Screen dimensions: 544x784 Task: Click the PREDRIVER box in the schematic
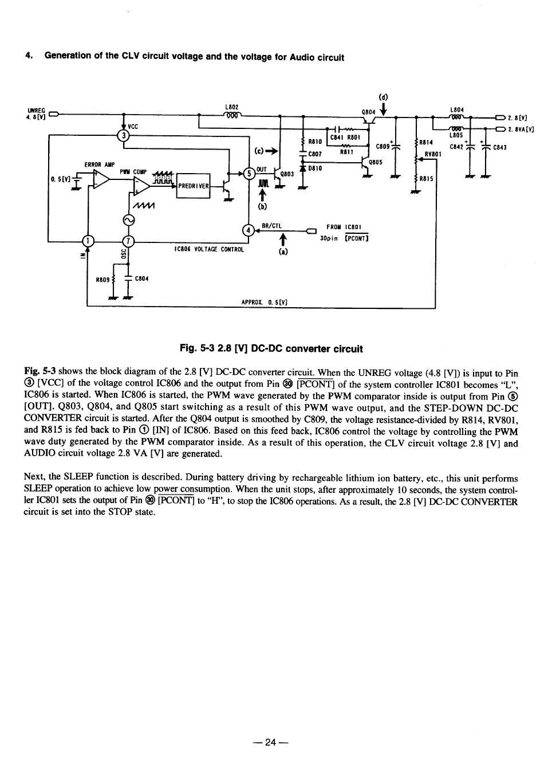pos(193,186)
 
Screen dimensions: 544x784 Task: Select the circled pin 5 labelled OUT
pos(249,174)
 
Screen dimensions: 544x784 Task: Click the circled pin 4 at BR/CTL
pos(248,230)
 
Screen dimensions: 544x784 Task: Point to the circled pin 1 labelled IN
pos(88,241)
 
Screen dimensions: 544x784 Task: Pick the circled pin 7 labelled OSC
pos(128,241)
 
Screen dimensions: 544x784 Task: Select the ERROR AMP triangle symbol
pos(101,179)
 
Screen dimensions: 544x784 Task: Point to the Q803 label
pos(287,174)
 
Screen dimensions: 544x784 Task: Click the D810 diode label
pos(315,168)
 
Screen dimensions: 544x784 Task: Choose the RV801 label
pos(433,154)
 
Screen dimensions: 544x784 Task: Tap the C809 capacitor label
pos(383,146)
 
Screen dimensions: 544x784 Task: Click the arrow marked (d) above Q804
pos(384,109)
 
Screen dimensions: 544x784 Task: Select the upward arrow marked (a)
pos(283,241)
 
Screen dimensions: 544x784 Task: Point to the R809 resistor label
pos(103,280)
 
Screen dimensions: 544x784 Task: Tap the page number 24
pos(271,742)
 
